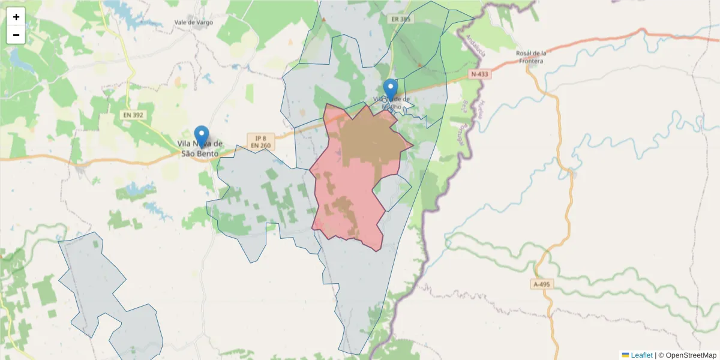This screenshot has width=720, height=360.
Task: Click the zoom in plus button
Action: pyautogui.click(x=16, y=17)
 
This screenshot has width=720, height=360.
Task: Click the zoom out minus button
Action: pyautogui.click(x=16, y=35)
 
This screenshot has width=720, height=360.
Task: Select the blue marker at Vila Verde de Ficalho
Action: pyautogui.click(x=391, y=90)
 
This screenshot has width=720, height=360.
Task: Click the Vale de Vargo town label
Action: pyautogui.click(x=193, y=23)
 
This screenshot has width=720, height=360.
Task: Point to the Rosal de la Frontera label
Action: pyautogui.click(x=531, y=56)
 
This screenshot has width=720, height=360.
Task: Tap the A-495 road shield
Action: pyautogui.click(x=542, y=284)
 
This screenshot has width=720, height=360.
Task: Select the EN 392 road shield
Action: pyautogui.click(x=133, y=114)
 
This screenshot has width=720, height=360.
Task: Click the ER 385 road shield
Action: pyautogui.click(x=401, y=19)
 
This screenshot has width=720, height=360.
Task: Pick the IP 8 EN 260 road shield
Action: pyautogui.click(x=260, y=141)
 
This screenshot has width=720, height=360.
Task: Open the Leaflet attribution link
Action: pyautogui.click(x=641, y=355)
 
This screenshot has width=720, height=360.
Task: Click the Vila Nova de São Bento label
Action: pyautogui.click(x=200, y=149)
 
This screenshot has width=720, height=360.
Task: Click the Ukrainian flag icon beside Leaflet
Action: pyautogui.click(x=626, y=355)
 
